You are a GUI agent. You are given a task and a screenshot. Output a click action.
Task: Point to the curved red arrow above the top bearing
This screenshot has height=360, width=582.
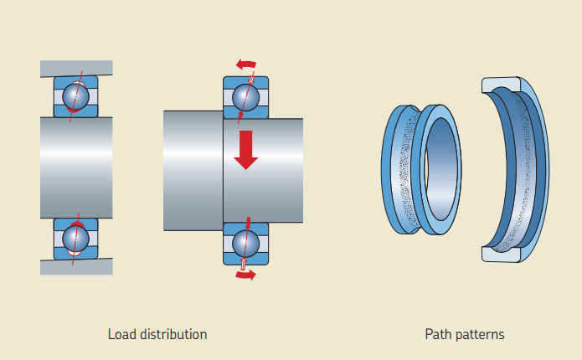coord(246,64)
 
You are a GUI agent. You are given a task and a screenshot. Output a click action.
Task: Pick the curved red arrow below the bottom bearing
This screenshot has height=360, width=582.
coord(245,275)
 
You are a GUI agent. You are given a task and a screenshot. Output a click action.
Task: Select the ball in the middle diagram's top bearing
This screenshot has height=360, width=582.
coord(245,95)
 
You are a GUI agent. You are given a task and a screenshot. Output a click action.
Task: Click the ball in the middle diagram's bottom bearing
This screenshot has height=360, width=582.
coord(245,243)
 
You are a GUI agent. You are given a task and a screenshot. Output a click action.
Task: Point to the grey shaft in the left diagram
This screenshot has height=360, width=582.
coord(75,167)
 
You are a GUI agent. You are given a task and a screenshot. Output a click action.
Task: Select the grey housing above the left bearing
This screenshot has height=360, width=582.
coord(75,68)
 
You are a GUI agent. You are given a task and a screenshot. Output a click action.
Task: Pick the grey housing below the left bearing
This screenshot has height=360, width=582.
coord(75,267)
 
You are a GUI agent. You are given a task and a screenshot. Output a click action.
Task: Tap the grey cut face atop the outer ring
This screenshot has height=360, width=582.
coord(502,84)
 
